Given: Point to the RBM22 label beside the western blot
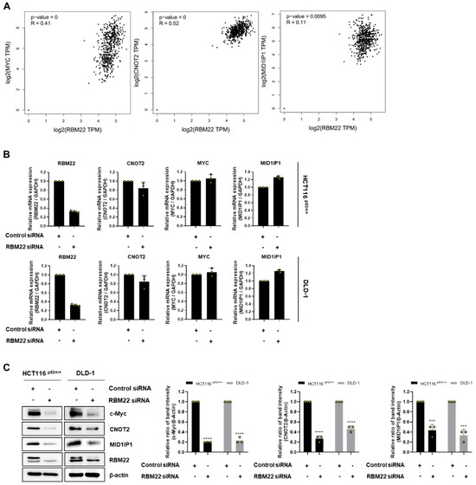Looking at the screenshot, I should tap(127, 456).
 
